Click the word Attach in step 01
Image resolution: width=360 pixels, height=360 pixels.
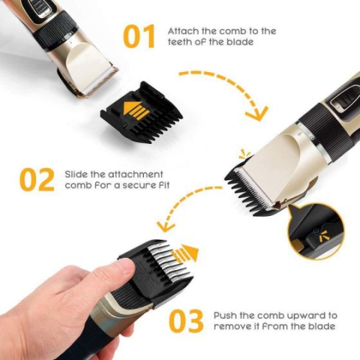point(182,31)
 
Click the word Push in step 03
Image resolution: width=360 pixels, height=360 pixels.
point(225,315)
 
